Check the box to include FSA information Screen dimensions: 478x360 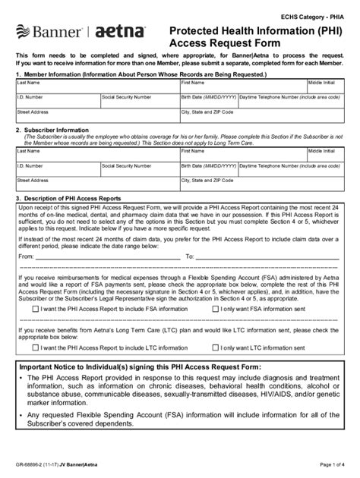[36, 309]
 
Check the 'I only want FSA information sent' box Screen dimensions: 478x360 [215, 309]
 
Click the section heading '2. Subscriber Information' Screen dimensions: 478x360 [53, 130]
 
